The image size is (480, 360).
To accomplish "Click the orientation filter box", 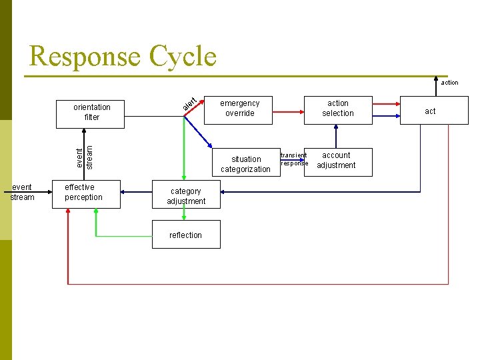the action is [x=90, y=114].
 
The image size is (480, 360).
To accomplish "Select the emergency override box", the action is [x=238, y=110].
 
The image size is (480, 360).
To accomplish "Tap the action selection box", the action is [x=338, y=110].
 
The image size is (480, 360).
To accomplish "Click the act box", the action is [x=434, y=110].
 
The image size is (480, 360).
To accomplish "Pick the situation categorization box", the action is [x=246, y=162].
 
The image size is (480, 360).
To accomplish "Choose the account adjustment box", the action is [x=338, y=162].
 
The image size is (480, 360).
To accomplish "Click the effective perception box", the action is [x=86, y=195].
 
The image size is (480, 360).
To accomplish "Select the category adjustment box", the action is [x=186, y=195].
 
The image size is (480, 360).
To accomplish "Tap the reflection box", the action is [x=186, y=234].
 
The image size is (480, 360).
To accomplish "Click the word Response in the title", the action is [x=85, y=56].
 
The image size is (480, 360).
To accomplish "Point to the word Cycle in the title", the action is [x=183, y=56].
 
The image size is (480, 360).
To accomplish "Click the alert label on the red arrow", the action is [x=189, y=104].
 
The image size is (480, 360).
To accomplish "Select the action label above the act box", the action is [x=449, y=83].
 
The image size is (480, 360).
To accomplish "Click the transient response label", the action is [x=294, y=159].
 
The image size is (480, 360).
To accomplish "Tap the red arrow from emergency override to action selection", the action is [x=288, y=112].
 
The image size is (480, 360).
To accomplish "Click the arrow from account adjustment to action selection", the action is [x=336, y=137].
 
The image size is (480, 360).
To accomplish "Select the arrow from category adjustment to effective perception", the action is [x=136, y=192].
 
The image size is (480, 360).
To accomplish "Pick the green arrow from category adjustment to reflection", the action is [x=184, y=212].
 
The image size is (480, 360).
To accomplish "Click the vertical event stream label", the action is [x=84, y=157].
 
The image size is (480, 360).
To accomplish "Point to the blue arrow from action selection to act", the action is [x=386, y=116].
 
